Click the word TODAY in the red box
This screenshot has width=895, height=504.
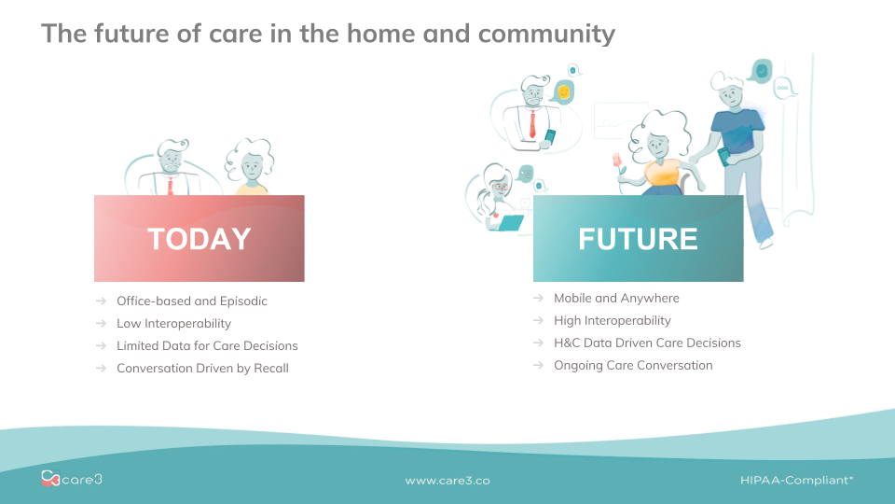tap(200, 239)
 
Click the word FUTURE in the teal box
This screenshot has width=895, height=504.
tap(638, 239)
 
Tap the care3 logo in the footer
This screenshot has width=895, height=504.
tap(72, 478)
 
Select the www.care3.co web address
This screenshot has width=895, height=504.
tap(447, 481)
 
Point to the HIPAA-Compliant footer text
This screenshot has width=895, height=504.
tap(796, 480)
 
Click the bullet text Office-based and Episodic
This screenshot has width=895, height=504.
tap(192, 301)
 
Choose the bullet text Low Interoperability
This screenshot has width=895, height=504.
tap(173, 324)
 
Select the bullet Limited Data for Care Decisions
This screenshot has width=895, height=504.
tap(207, 345)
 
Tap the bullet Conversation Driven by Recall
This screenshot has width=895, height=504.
tap(202, 368)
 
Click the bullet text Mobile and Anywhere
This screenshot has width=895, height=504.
tap(616, 299)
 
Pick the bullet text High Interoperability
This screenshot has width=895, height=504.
tap(613, 320)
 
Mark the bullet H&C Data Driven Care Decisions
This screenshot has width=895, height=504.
tap(647, 343)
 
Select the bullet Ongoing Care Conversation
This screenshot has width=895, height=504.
tap(633, 365)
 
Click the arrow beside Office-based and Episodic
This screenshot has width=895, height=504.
tap(101, 301)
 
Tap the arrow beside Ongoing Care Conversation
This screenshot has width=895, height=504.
tap(538, 365)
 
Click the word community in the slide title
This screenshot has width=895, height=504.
tap(547, 34)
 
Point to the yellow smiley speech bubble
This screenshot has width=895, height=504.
tap(563, 91)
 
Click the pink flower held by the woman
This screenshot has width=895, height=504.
tap(616, 160)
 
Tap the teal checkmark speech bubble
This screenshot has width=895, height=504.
tap(761, 71)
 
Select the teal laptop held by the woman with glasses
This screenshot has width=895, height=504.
tap(511, 223)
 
